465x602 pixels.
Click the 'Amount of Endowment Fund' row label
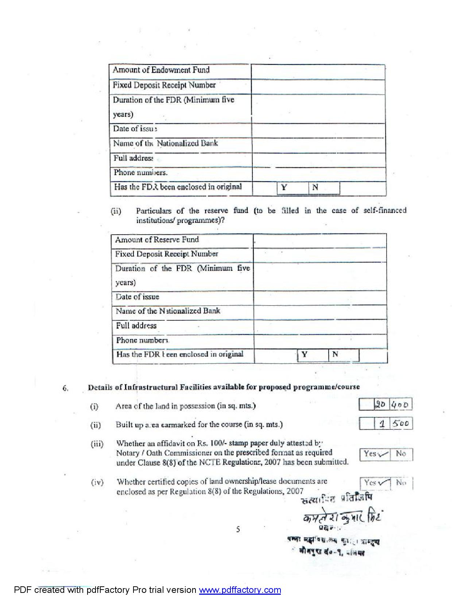click(161, 70)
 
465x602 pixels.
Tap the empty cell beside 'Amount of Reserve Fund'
click(319, 240)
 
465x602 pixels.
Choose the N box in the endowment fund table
click(324, 188)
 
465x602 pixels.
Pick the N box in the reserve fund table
click(344, 355)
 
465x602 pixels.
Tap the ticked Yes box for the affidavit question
click(375, 454)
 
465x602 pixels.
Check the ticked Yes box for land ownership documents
click(375, 483)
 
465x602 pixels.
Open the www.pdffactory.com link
click(240, 590)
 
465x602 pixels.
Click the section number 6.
click(65, 388)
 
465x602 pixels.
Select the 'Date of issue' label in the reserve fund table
click(137, 297)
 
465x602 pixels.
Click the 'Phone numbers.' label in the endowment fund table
click(140, 173)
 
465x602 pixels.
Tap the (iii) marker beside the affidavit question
click(97, 444)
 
